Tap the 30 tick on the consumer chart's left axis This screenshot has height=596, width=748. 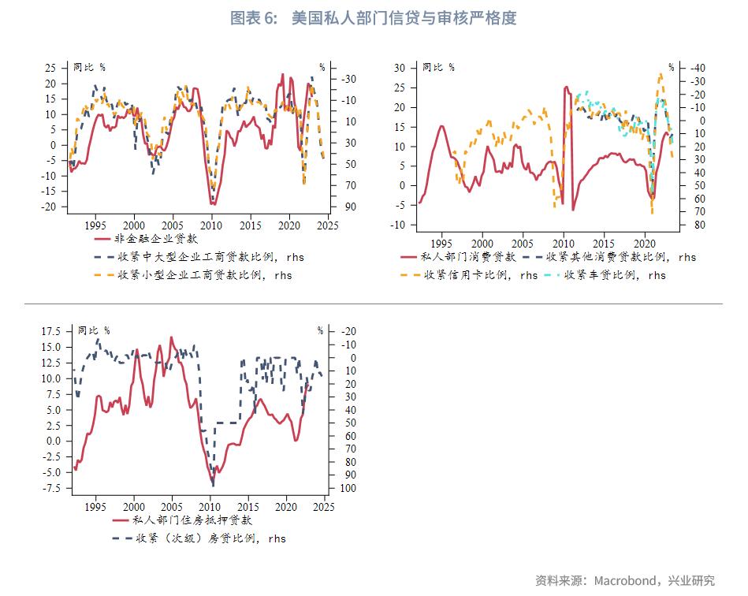click(399, 69)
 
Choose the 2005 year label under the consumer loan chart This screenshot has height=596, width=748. click(523, 244)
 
